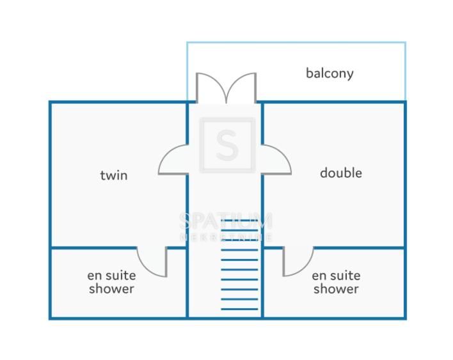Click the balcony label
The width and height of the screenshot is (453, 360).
pos(330,73)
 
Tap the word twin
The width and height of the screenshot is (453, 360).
pos(114,175)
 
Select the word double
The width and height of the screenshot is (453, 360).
pos(341,173)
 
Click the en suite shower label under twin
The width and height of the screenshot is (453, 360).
pos(111,282)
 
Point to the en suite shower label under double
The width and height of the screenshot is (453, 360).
pos(336,282)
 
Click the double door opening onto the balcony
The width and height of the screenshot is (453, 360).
pos(226,88)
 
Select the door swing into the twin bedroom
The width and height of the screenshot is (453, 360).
pos(174,160)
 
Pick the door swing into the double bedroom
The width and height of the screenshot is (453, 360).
pos(276,160)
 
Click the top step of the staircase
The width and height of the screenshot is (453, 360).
pos(240,220)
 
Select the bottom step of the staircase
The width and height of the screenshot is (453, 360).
pos(240,309)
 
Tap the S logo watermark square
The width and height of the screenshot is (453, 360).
pos(226,145)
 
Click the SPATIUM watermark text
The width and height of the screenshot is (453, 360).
pos(226,221)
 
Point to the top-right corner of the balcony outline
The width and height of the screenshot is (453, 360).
pos(405,43)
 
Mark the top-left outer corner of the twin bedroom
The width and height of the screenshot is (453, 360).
pos(51,102)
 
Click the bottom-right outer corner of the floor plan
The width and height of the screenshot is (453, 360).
pos(405,318)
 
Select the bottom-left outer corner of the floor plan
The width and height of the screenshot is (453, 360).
pos(51,318)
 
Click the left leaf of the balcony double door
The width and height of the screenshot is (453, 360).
pos(210,88)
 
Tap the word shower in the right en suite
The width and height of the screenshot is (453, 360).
pos(336,289)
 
